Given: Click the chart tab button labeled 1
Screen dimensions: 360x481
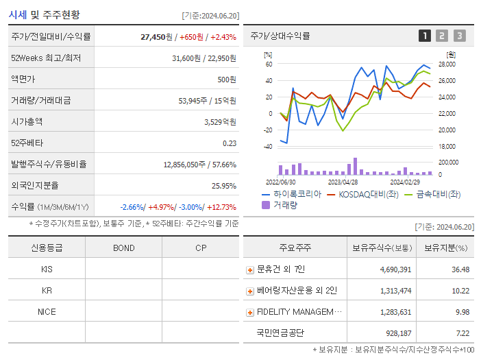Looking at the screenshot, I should click(x=425, y=36).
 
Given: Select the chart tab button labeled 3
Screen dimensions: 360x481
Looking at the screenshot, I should click(x=459, y=36).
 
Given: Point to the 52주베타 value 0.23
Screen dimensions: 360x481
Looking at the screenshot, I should click(x=229, y=143).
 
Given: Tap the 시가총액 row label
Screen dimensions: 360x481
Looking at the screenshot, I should click(x=27, y=121).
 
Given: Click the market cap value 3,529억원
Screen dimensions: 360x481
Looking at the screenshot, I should click(x=220, y=121).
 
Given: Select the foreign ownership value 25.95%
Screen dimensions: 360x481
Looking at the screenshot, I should click(x=223, y=185).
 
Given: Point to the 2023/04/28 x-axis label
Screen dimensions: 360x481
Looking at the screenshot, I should click(x=343, y=182).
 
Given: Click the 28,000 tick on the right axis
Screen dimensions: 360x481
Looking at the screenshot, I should click(x=447, y=64).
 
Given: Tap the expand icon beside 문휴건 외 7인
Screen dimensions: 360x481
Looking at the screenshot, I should click(x=250, y=270).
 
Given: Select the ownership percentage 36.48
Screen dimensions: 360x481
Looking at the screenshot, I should click(x=460, y=269).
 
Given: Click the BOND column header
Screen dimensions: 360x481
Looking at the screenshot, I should click(x=123, y=248).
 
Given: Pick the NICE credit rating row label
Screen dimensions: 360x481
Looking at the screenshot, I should click(x=47, y=311).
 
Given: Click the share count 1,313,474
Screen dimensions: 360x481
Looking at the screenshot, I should click(x=395, y=291).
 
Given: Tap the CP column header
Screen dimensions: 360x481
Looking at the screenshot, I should click(x=200, y=248).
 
